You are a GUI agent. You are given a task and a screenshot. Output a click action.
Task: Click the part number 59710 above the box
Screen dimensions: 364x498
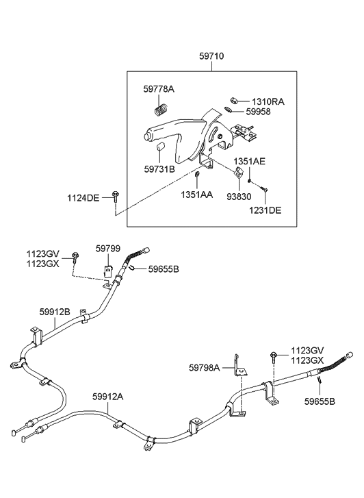coord(211,56)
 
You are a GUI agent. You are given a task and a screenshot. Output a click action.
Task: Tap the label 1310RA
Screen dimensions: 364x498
coord(268,101)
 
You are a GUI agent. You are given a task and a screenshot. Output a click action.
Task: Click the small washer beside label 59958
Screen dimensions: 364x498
coord(228,110)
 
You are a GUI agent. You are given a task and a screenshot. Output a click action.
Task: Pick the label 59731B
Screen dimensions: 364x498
coord(159,169)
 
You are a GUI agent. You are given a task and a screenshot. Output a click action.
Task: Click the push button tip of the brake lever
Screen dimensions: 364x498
coord(146,137)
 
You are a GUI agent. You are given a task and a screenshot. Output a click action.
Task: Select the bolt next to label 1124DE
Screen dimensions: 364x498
coord(115,197)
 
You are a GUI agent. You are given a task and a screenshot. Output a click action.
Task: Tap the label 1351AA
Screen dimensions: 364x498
coord(197,195)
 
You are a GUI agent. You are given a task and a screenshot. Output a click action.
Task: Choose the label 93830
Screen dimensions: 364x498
coord(239,197)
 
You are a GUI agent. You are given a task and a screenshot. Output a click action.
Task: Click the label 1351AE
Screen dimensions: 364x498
coord(250,162)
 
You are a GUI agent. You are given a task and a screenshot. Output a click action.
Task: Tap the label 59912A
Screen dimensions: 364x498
coord(108,397)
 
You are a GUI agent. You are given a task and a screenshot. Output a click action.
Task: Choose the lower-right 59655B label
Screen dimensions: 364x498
coord(320,401)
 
